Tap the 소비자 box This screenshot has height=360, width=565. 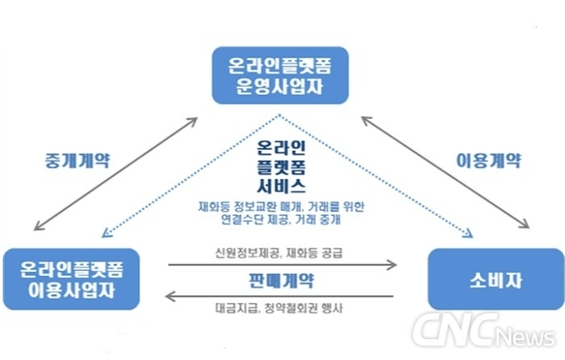(x=495, y=278)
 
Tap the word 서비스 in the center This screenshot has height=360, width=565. (x=282, y=187)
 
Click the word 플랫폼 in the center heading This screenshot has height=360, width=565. (x=282, y=168)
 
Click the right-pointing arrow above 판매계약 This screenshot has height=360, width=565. (x=282, y=266)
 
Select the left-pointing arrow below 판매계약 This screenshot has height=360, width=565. (x=282, y=294)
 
